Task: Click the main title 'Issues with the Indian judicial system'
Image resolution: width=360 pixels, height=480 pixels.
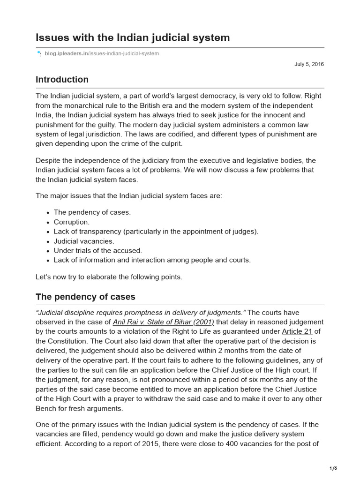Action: (133, 37)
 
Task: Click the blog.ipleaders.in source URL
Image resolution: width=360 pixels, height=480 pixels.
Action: (102, 54)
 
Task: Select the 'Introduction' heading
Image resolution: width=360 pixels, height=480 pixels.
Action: (62, 80)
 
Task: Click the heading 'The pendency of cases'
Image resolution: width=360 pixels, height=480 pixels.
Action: (85, 297)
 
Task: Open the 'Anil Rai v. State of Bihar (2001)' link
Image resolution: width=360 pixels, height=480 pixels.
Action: (164, 322)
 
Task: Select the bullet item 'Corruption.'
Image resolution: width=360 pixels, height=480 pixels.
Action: (71, 222)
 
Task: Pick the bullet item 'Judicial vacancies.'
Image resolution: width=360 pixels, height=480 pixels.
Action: (84, 241)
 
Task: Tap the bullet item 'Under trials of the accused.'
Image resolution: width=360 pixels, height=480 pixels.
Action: (97, 250)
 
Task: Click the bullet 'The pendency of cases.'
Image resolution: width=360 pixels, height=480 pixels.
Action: (92, 212)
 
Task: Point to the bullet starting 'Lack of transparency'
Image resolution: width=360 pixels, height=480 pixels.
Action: (156, 232)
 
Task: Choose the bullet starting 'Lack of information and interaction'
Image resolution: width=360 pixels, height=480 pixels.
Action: (152, 260)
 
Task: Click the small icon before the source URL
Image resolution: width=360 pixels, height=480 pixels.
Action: (39, 54)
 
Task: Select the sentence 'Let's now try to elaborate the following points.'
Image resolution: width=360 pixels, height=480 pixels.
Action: (109, 277)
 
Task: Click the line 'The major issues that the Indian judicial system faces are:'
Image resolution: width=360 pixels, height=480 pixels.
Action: (129, 195)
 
